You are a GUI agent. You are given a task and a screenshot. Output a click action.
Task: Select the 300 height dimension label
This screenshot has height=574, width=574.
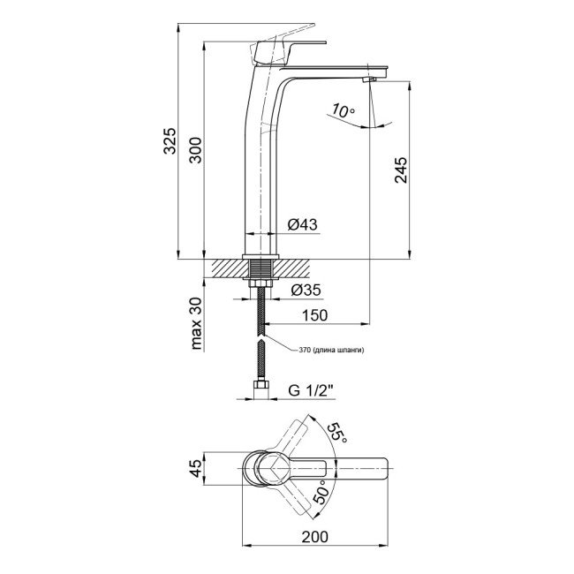tap(197, 151)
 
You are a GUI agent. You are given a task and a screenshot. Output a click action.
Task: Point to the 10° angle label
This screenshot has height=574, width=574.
tap(343, 111)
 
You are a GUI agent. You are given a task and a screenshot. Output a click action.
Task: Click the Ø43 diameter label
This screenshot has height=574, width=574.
tap(303, 224)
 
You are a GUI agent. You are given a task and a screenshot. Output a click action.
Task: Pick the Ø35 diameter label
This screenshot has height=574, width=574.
tap(303, 290)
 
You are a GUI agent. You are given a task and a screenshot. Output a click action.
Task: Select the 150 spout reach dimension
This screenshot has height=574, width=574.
tap(315, 315)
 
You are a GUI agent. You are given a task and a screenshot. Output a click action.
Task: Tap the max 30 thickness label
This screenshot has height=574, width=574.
tap(197, 325)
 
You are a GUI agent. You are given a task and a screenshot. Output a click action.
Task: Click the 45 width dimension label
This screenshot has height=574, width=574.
tap(197, 467)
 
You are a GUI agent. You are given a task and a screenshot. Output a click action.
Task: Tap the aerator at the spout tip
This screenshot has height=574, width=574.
tap(369, 81)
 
